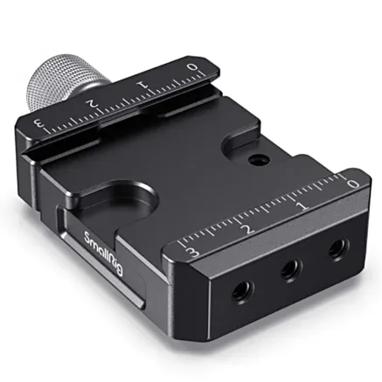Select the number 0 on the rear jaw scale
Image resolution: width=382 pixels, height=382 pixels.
(x=192, y=67)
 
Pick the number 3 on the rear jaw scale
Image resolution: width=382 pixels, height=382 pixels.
(x=40, y=121)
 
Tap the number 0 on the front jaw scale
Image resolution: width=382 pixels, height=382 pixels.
(x=352, y=184)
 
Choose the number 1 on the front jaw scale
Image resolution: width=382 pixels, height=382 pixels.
(x=302, y=206)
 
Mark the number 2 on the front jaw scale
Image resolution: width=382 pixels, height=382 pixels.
(x=247, y=229)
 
